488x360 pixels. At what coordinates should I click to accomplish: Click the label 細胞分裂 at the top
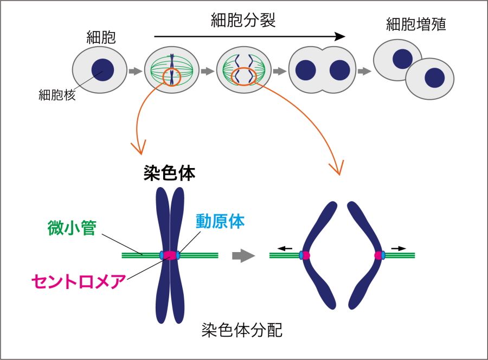[x=243, y=21]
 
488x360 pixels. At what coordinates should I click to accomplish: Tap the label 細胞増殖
[x=416, y=24]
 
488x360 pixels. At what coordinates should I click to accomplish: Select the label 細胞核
[x=56, y=95]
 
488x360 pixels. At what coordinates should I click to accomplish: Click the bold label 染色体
[x=169, y=173]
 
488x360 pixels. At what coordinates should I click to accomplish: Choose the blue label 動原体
[x=221, y=221]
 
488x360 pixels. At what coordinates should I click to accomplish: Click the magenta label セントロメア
[x=79, y=281]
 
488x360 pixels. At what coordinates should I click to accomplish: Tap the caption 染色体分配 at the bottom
[x=242, y=330]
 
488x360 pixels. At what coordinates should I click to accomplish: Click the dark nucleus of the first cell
[x=102, y=70]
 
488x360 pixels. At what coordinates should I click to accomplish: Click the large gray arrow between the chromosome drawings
[x=243, y=255]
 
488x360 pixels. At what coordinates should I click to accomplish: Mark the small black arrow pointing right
[x=399, y=248]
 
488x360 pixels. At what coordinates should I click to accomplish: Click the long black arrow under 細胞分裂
[x=249, y=37]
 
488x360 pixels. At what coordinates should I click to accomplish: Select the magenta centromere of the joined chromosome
[x=170, y=255]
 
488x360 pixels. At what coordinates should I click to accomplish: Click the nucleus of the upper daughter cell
[x=402, y=59]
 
